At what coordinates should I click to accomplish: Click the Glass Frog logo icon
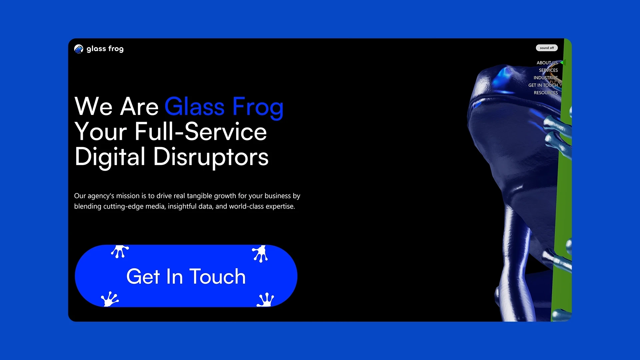point(79,49)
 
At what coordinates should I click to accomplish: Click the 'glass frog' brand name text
point(105,49)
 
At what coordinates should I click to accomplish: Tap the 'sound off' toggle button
point(547,48)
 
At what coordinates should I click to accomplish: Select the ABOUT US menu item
point(547,63)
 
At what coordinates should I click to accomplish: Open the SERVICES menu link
point(548,70)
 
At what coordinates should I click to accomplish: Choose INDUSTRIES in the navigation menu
point(545,78)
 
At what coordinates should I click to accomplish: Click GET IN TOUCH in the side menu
point(543,85)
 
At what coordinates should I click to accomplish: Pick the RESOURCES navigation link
point(545,93)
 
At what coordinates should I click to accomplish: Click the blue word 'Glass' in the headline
point(195,107)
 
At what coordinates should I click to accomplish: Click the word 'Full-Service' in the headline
point(201,132)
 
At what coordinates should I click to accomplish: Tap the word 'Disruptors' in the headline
point(211,157)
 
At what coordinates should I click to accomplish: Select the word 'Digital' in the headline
point(110,157)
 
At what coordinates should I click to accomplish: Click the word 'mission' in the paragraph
point(128,196)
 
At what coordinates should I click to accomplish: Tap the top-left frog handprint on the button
point(120,251)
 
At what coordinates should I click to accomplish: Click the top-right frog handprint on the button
point(260,253)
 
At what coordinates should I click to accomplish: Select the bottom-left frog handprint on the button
point(109,299)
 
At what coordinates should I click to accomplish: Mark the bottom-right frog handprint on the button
point(266,299)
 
